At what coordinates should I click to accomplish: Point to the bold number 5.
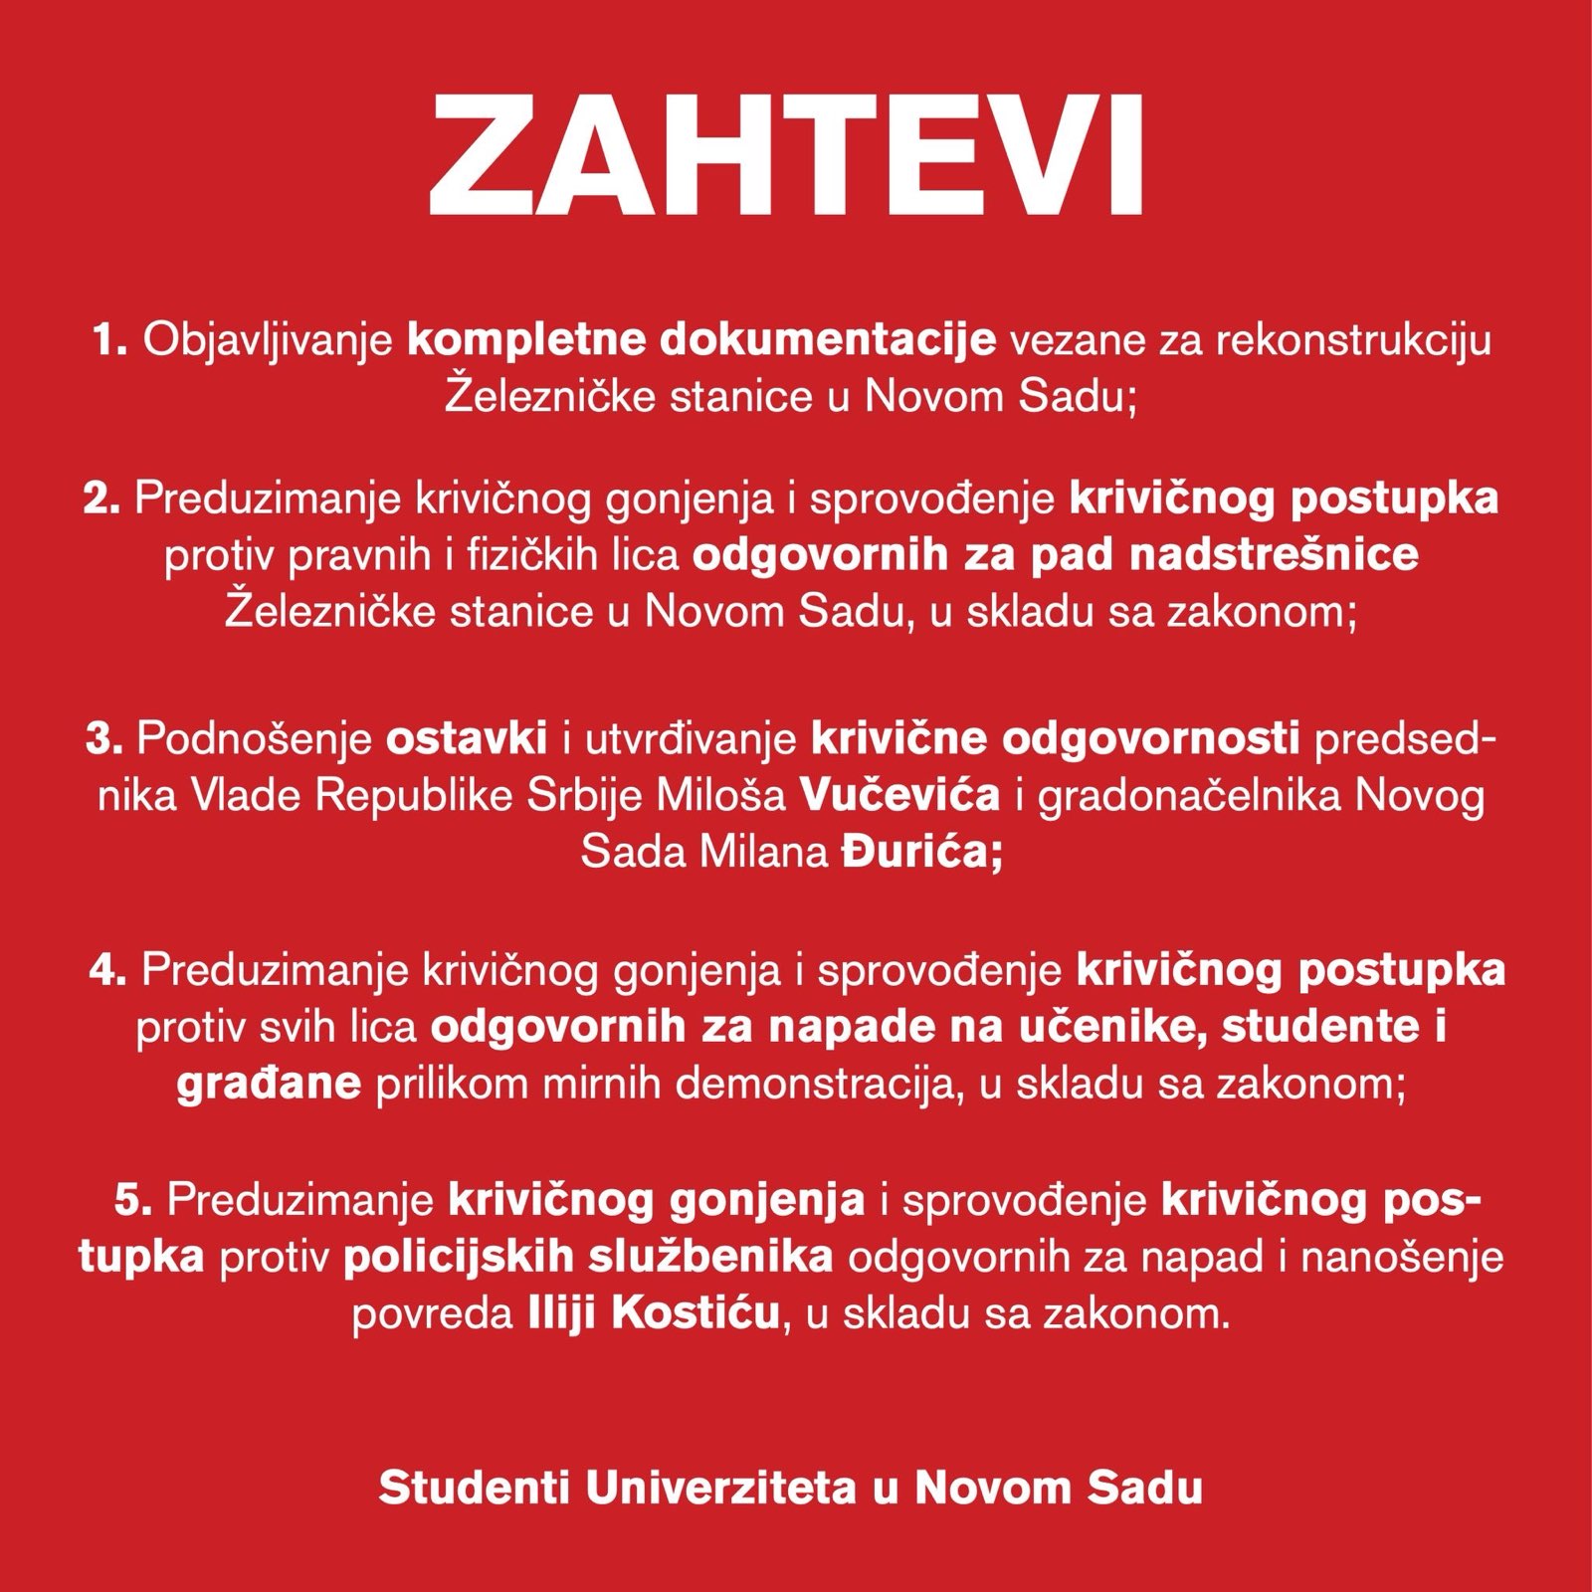tap(132, 1201)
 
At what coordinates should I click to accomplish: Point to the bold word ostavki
tap(467, 740)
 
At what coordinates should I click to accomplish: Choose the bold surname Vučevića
tap(899, 797)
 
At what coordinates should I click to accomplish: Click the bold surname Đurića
tap(916, 854)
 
